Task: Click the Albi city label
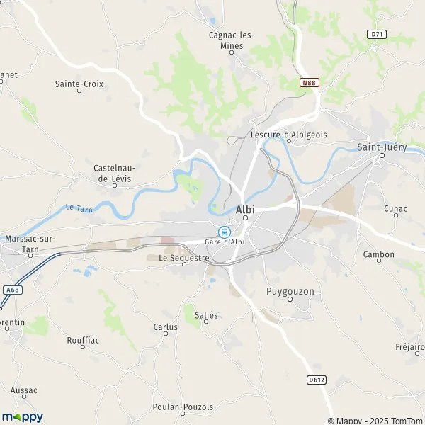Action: click(x=244, y=209)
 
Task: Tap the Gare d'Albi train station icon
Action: click(x=224, y=231)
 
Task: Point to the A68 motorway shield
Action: click(x=11, y=289)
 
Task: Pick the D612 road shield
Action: click(x=317, y=380)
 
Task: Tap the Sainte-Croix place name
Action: click(x=79, y=84)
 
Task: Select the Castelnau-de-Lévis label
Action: click(x=115, y=173)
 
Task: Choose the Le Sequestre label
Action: click(x=184, y=258)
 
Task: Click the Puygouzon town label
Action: click(x=290, y=291)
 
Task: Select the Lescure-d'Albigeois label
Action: click(x=288, y=134)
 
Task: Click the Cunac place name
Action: click(x=395, y=208)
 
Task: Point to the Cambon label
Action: click(x=378, y=254)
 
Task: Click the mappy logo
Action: click(x=22, y=416)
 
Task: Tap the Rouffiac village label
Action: click(x=83, y=340)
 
